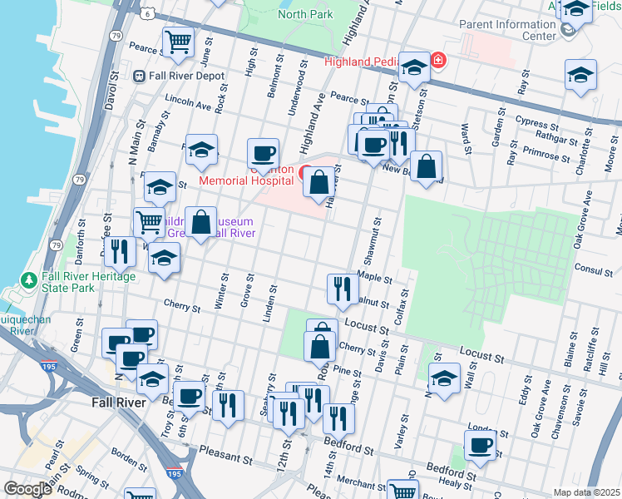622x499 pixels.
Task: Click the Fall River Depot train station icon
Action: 139,76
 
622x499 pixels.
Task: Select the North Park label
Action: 305,14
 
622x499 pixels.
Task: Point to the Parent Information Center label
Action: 507,30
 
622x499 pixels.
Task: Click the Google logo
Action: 27,488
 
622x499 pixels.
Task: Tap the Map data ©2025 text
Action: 586,492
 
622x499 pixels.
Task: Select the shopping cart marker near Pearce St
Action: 177,41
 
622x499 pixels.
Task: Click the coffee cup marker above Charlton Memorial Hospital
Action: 264,153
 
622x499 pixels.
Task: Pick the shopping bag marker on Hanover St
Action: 318,180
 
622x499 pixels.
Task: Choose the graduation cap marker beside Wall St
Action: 445,377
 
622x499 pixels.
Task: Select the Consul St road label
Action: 593,271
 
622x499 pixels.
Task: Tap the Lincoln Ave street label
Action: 189,106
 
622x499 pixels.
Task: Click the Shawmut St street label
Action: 374,237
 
